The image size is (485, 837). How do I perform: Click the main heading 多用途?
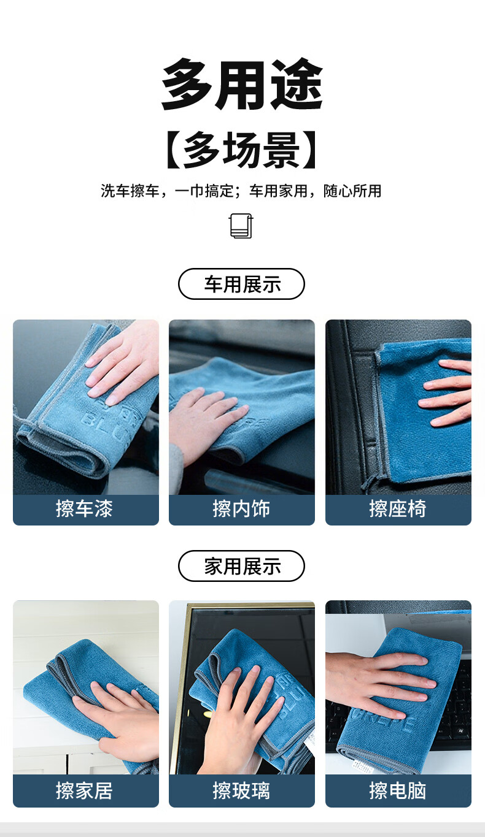(x=242, y=85)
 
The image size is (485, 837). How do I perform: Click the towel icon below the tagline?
(x=241, y=226)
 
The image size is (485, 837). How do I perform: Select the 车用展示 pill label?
(x=241, y=284)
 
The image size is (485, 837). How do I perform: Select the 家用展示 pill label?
(x=241, y=566)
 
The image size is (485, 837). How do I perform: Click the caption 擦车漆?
(x=85, y=510)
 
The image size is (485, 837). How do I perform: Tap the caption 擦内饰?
(x=241, y=510)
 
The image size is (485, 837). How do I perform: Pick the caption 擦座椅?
(x=398, y=510)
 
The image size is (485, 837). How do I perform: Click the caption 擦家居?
(x=85, y=791)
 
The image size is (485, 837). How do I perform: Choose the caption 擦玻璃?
(x=241, y=791)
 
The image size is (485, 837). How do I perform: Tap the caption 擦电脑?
(x=398, y=791)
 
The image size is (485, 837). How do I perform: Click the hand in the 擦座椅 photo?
(x=448, y=392)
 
